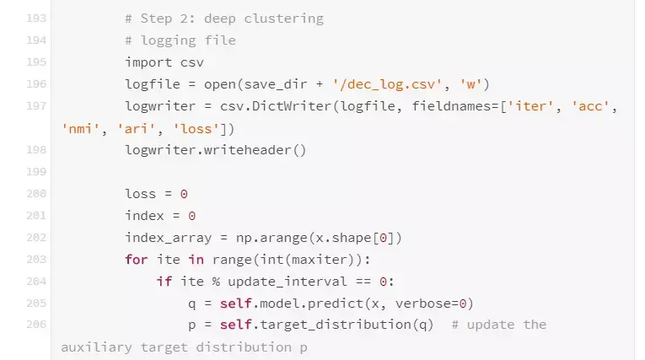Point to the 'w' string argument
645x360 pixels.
[x=468, y=83]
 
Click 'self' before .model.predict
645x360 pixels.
[x=238, y=303]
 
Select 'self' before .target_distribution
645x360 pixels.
[x=238, y=325]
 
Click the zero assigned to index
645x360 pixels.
[x=191, y=215]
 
